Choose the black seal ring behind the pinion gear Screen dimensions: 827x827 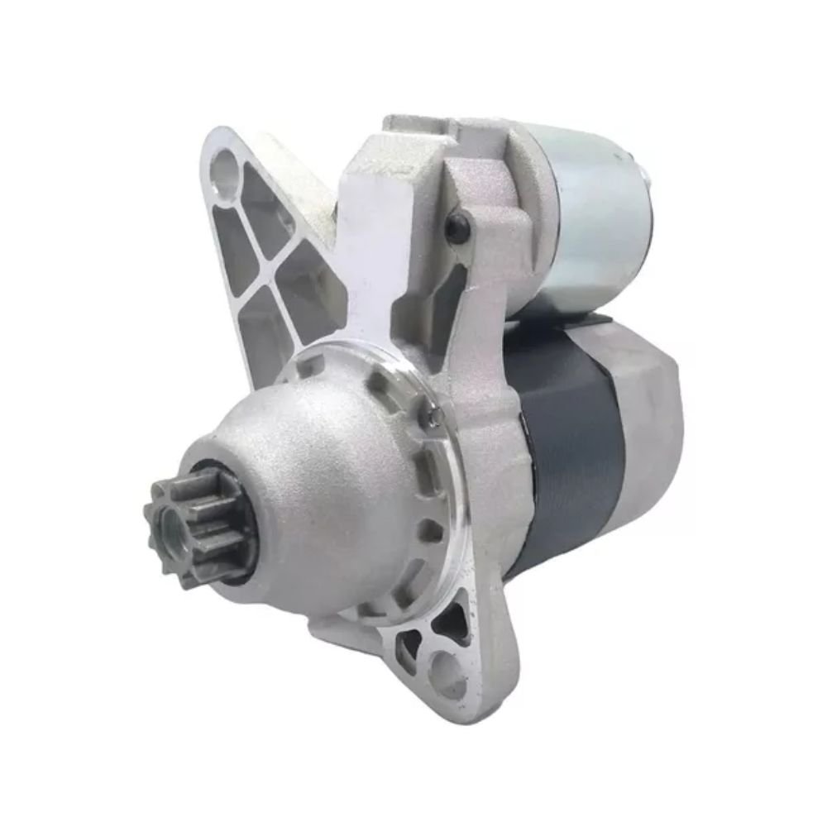240,571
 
